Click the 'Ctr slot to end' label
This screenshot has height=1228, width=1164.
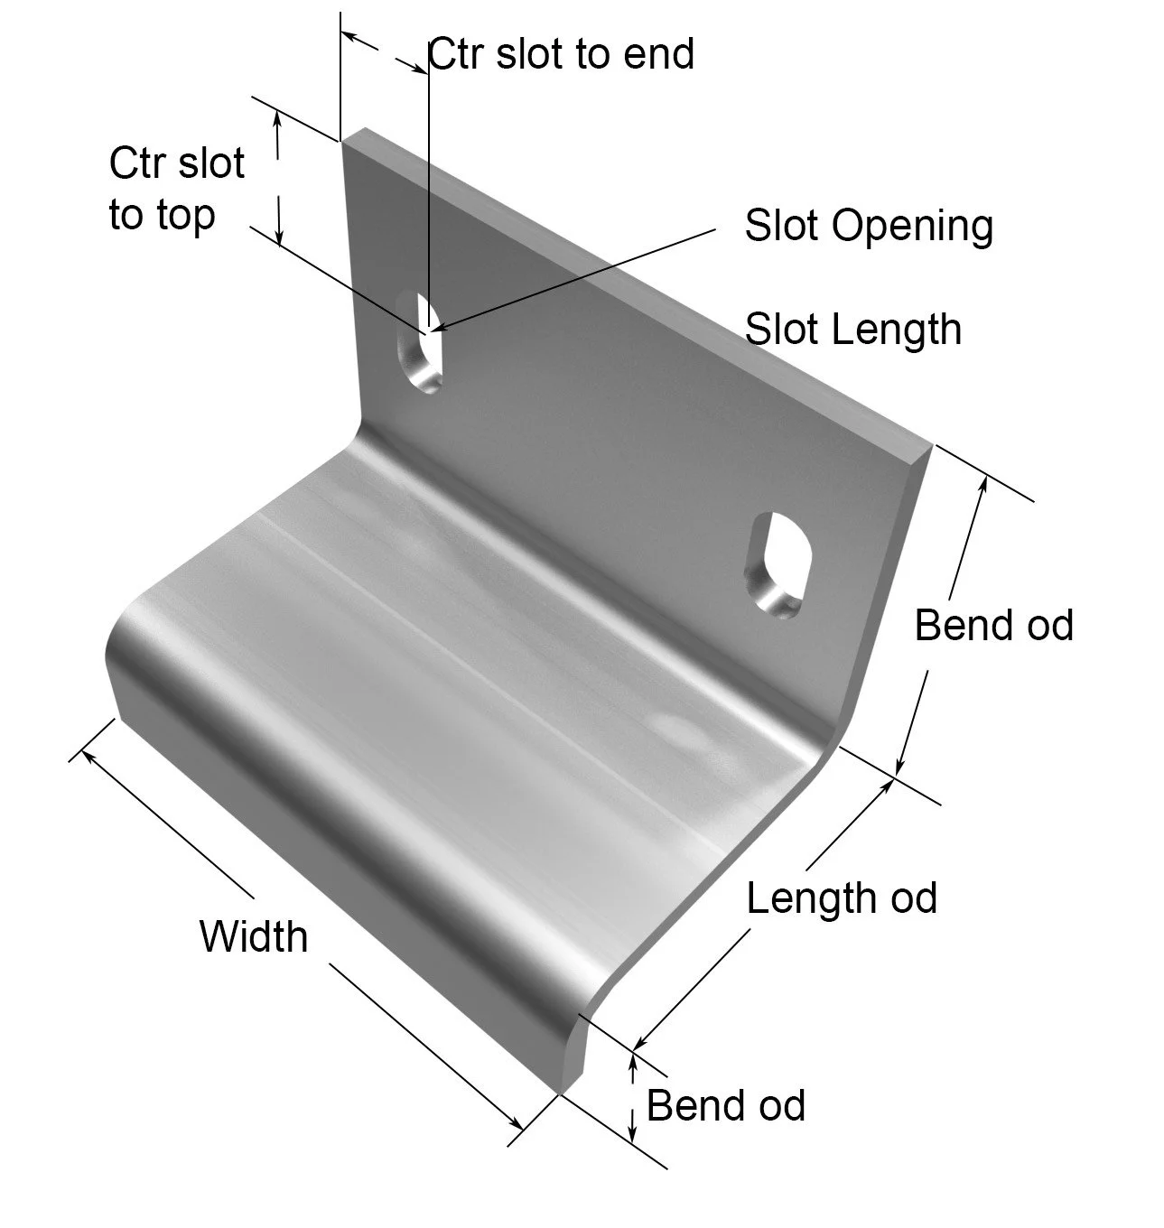[560, 54]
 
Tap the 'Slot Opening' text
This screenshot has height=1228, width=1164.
[868, 226]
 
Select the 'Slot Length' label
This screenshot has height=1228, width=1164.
[852, 329]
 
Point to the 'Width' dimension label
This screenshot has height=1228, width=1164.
[254, 936]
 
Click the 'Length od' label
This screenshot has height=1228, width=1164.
[842, 898]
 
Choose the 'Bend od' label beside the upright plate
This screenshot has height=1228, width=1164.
[993, 625]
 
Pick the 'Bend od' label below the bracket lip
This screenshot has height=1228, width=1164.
[725, 1105]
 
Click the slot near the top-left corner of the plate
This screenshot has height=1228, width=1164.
[422, 343]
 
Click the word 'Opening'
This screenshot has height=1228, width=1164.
[912, 227]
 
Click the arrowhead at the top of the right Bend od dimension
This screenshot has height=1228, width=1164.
[983, 483]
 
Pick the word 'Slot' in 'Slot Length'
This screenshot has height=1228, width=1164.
[780, 329]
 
